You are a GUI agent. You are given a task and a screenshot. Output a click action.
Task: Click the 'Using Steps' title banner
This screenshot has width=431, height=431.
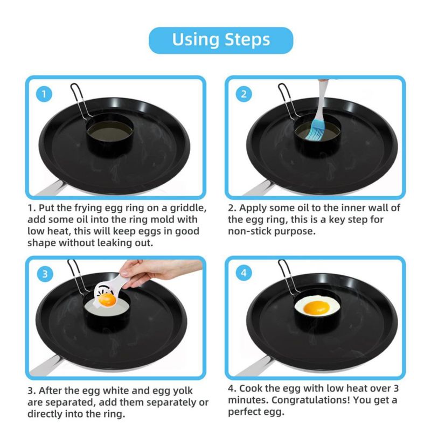(x=221, y=40)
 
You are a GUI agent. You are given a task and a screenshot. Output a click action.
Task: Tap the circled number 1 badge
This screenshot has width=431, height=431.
(x=44, y=94)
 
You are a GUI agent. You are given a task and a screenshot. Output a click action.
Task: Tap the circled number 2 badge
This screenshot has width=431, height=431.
(x=244, y=94)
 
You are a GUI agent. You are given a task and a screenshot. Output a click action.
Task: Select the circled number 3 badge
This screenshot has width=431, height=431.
(x=45, y=274)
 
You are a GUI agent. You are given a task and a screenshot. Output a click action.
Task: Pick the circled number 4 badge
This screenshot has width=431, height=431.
(x=244, y=273)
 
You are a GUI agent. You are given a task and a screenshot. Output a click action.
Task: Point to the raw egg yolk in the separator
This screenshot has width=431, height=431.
(x=107, y=300)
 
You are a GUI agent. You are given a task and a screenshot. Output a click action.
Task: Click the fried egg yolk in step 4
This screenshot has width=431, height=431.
(x=316, y=308)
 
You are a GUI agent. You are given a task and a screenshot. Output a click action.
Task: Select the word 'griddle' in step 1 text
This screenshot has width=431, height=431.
(x=188, y=208)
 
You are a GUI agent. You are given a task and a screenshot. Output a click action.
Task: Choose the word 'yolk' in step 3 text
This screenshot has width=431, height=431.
(x=183, y=391)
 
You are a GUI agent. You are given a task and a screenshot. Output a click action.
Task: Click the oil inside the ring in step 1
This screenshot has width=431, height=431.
(x=110, y=133)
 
